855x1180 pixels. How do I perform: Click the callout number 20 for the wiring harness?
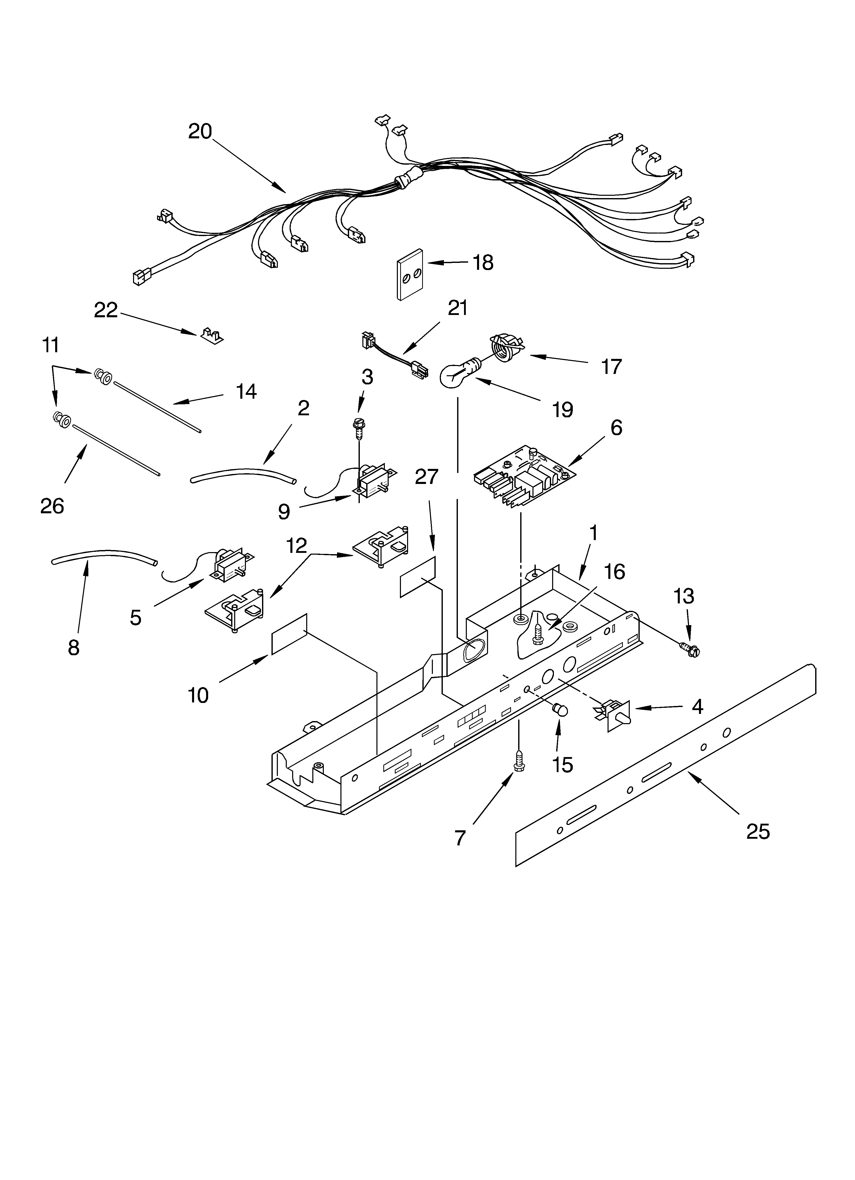click(x=200, y=131)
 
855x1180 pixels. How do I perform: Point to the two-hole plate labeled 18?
click(x=410, y=275)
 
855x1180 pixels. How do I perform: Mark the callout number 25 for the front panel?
click(x=758, y=831)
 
